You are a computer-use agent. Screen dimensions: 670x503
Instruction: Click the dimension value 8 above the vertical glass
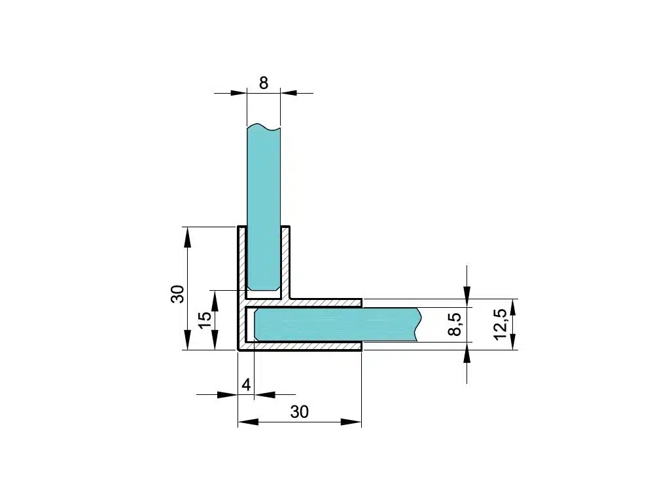tap(264, 83)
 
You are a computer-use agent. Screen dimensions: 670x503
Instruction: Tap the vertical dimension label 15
tap(205, 320)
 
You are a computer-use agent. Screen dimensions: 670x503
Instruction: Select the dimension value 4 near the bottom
tap(246, 385)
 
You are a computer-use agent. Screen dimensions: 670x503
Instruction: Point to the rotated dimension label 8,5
tap(455, 324)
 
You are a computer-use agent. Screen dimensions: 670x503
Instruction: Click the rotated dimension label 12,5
tap(500, 324)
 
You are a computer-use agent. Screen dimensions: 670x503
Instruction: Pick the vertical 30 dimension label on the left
tap(178, 294)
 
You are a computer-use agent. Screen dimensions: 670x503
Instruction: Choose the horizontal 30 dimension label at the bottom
tap(299, 411)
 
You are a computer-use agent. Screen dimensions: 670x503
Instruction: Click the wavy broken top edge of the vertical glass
tap(264, 126)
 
